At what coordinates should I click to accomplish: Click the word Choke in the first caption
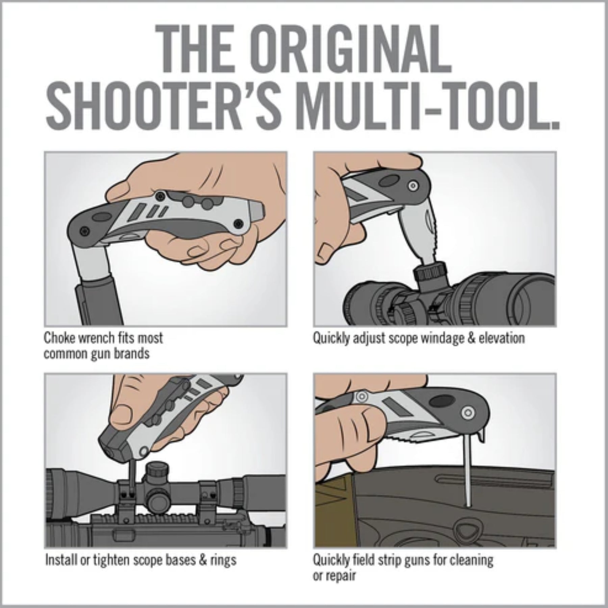(57, 337)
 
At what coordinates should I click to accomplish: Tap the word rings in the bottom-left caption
(223, 560)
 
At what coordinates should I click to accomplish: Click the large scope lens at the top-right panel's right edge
(537, 297)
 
